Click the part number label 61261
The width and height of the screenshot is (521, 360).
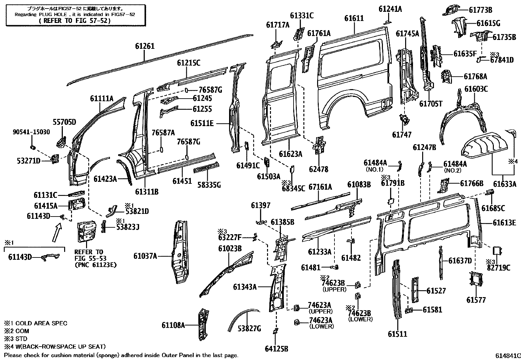coord(145,47)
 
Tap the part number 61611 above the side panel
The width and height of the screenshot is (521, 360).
coord(354,18)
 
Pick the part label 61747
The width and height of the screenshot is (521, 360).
coord(402,134)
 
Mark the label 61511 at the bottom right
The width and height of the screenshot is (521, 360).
coord(398,334)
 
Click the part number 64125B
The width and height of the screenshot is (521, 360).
coord(277,349)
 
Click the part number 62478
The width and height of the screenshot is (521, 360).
coord(318,169)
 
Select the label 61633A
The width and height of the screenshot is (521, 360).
coord(504,184)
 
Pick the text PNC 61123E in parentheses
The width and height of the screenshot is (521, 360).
coord(96,265)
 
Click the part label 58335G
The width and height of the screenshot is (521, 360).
coord(209,185)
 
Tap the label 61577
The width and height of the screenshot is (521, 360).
coord(476,300)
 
